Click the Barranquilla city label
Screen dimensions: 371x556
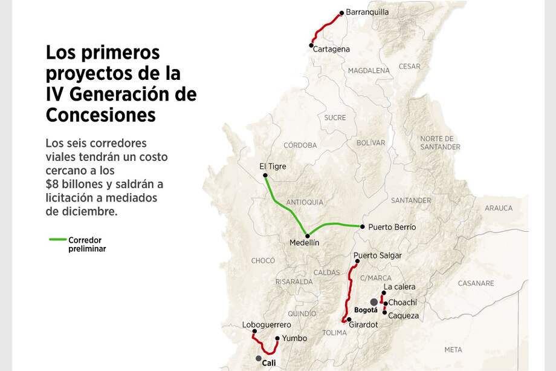tap(367, 12)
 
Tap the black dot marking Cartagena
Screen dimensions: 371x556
tap(312, 44)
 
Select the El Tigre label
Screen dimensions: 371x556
tap(273, 166)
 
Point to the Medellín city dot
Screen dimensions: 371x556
tap(308, 235)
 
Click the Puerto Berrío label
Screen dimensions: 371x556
tap(392, 227)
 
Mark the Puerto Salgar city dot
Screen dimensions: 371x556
tap(357, 261)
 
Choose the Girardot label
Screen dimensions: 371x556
tap(363, 324)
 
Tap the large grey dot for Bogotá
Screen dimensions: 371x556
tap(374, 301)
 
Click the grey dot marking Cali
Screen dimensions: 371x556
tap(259, 358)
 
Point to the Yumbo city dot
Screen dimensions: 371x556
tap(277, 338)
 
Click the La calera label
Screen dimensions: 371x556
tap(399, 286)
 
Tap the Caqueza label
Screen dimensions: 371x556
tap(403, 315)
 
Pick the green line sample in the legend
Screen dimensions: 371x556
tap(57, 240)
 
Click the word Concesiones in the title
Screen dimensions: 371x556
tap(101, 114)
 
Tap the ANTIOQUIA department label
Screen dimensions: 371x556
tap(305, 202)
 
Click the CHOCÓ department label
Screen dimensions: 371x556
tap(263, 261)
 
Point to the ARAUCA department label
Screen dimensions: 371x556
tap(498, 208)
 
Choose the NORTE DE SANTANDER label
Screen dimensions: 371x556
tap(440, 142)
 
